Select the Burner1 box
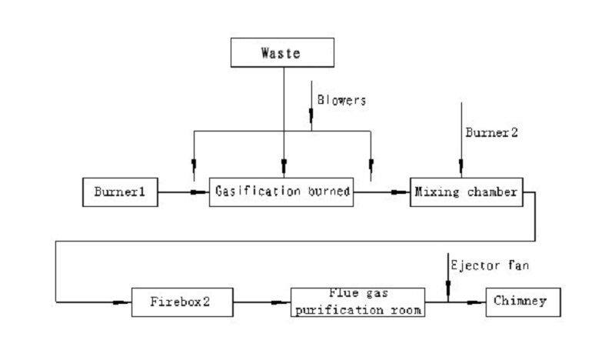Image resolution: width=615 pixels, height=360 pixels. pyautogui.click(x=120, y=192)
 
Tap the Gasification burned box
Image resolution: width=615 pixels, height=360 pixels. pyautogui.click(x=284, y=192)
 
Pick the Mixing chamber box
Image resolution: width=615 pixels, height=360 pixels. pyautogui.click(x=466, y=192)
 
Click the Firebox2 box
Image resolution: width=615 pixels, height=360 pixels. pyautogui.click(x=181, y=302)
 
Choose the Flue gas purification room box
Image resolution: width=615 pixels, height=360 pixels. pyautogui.click(x=358, y=301)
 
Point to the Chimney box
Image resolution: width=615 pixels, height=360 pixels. pyautogui.click(x=523, y=301)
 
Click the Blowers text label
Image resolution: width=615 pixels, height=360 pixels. pyautogui.click(x=341, y=100)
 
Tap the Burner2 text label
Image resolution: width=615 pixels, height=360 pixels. pyautogui.click(x=492, y=132)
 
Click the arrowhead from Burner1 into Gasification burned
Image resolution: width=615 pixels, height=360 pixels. pyautogui.click(x=201, y=192)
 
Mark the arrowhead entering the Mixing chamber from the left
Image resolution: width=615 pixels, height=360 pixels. pyautogui.click(x=401, y=192)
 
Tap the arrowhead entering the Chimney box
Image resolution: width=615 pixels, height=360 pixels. pyautogui.click(x=477, y=302)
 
